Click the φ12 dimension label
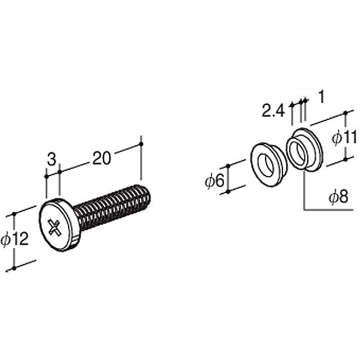15,240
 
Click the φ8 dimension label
338,197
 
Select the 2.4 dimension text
273,111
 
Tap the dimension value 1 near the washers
321,97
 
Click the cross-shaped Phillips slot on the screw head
55,227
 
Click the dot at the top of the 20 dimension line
141,145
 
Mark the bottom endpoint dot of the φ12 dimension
14,268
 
